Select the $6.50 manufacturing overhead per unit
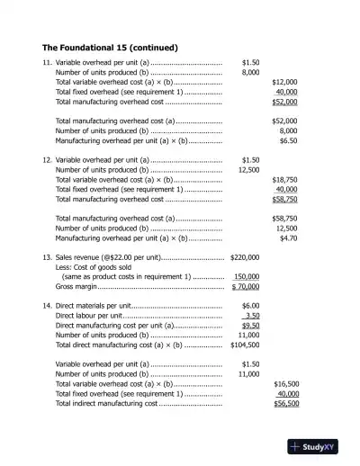tap(288, 141)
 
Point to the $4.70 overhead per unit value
tap(288, 239)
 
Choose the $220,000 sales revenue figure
tap(245, 257)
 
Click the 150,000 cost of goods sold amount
tap(247, 277)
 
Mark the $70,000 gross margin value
tap(246, 287)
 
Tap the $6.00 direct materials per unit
tap(251, 306)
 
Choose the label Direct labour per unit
tap(89, 316)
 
